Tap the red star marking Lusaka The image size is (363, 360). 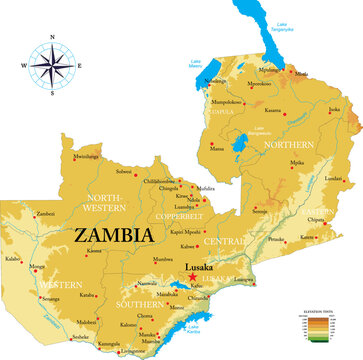[192, 276]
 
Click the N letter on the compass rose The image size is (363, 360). [48, 39]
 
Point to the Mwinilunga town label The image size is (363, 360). [86, 156]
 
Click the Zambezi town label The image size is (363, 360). [45, 213]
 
